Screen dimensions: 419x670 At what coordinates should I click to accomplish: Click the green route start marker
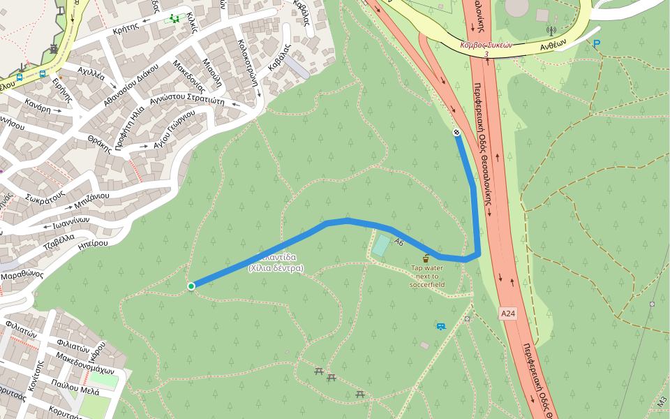[x=191, y=286]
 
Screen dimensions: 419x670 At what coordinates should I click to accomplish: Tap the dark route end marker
[x=456, y=132]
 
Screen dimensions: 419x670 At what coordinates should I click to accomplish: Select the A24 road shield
[x=508, y=314]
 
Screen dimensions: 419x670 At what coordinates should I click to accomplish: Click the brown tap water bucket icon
[x=426, y=258]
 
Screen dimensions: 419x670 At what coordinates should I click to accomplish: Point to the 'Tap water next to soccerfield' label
[x=427, y=276]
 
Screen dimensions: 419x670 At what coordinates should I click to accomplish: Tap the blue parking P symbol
[x=596, y=44]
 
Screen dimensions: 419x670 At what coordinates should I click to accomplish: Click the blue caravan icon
[x=440, y=326]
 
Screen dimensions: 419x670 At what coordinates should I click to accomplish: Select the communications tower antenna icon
[x=550, y=31]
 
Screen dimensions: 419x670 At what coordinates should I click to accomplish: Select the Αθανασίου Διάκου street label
[x=131, y=84]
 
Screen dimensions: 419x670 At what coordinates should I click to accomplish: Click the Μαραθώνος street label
[x=22, y=275]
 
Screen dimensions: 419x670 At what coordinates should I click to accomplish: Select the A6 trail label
[x=399, y=242]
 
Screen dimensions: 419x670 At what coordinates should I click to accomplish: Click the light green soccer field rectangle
[x=381, y=245]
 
